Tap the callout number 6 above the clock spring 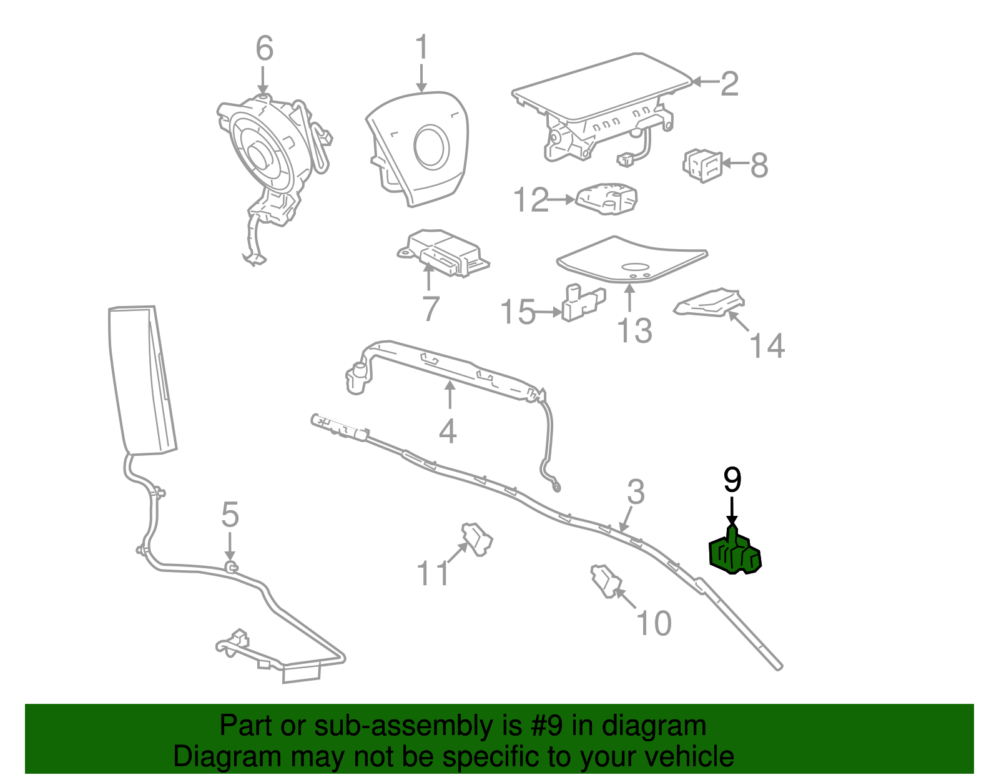(264, 49)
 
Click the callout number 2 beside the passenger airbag (729, 84)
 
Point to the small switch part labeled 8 (702, 165)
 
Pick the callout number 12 (530, 200)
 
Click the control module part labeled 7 (445, 253)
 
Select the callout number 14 (767, 346)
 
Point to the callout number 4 (448, 431)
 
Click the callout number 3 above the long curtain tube (635, 492)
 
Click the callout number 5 (230, 515)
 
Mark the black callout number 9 (732, 480)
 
